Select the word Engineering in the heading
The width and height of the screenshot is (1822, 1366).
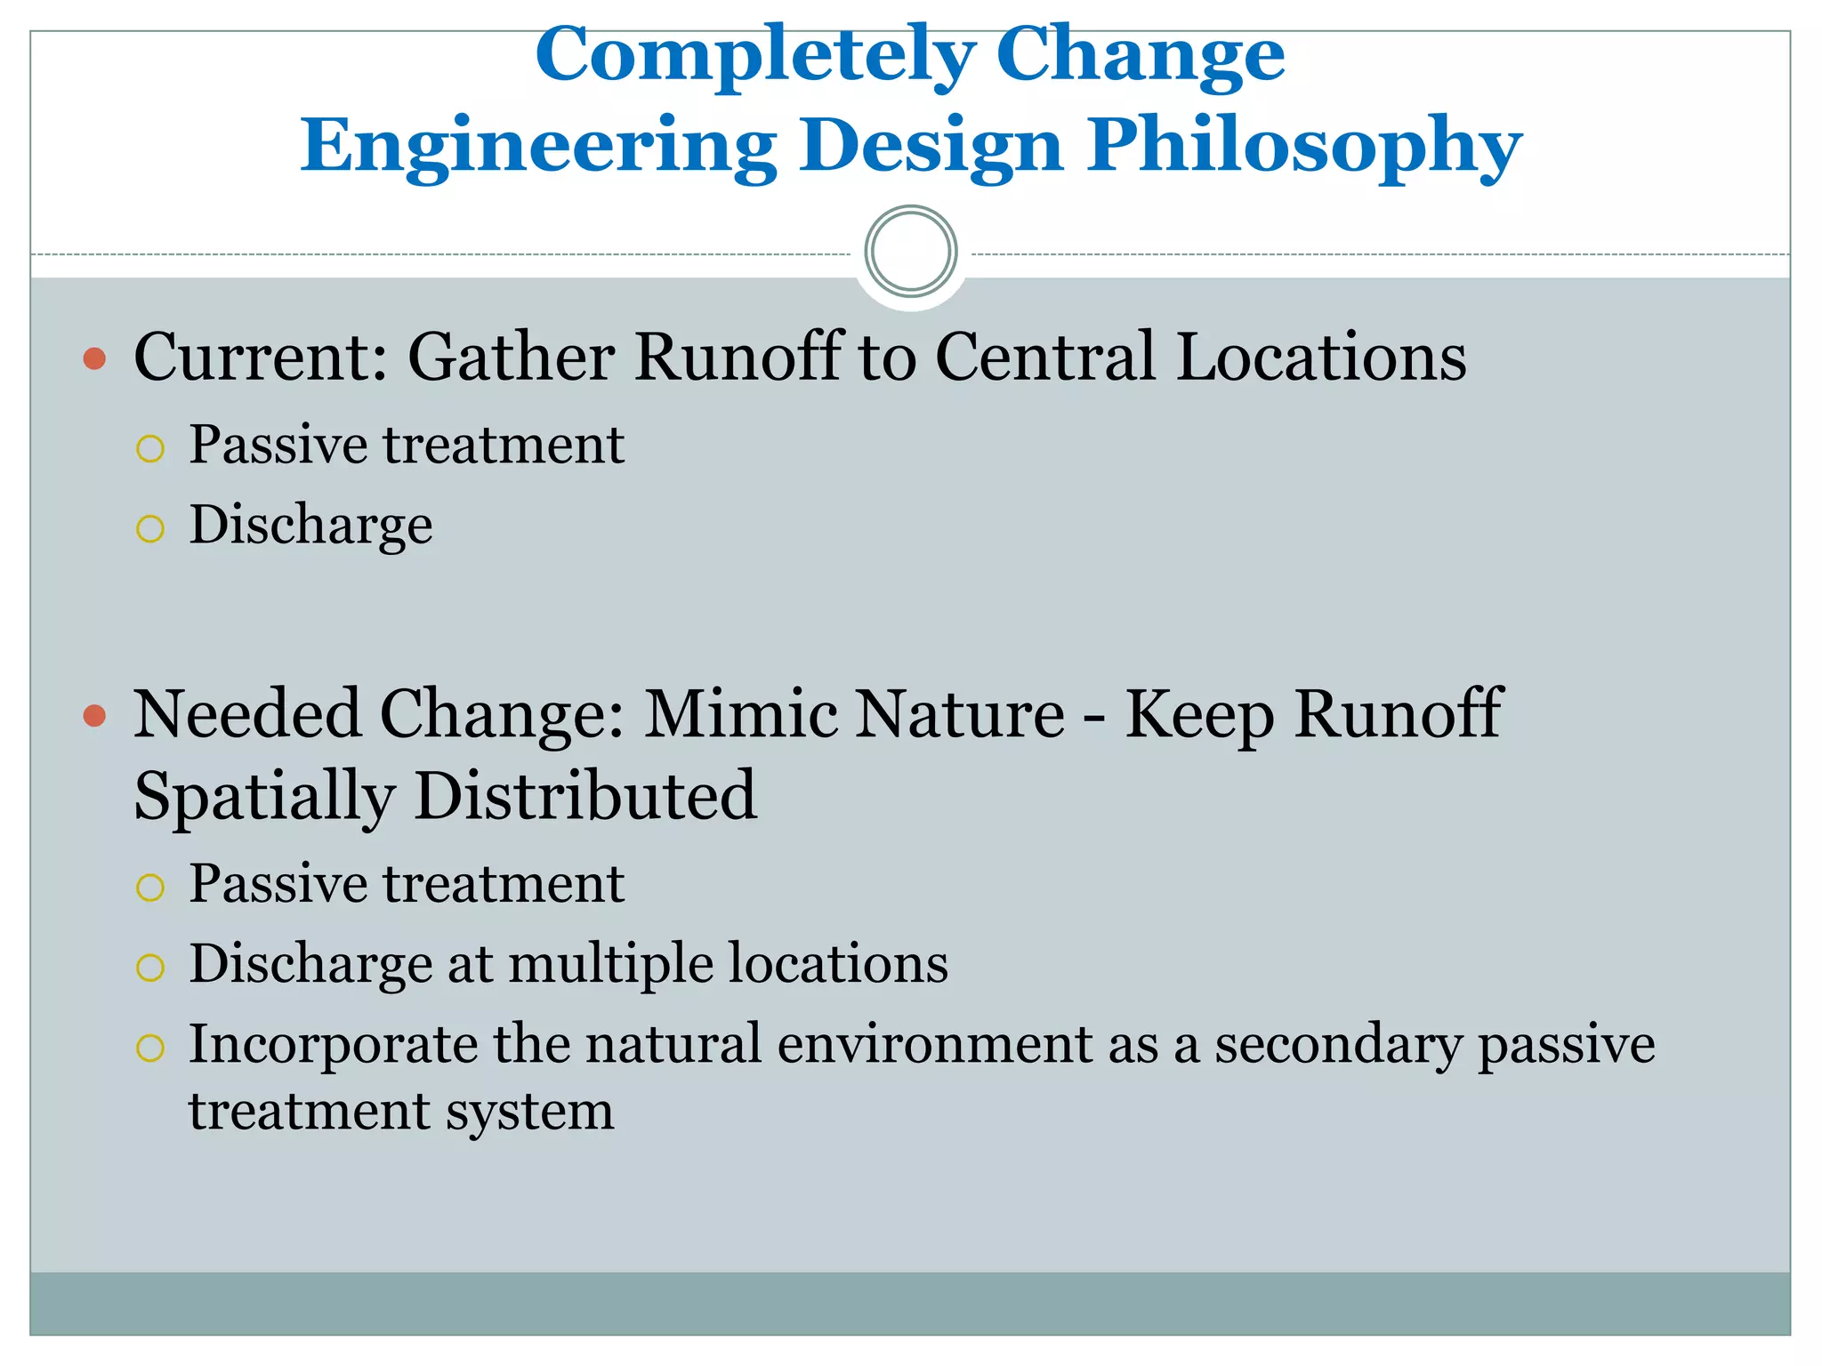click(537, 147)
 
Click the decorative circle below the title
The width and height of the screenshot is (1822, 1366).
click(910, 251)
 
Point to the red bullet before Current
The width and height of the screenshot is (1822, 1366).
click(94, 358)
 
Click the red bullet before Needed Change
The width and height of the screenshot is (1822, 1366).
click(94, 715)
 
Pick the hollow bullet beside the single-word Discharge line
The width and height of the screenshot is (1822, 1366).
click(150, 529)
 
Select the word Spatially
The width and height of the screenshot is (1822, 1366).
click(264, 796)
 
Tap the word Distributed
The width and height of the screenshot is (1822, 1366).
click(585, 796)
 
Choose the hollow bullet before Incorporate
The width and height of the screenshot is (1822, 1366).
click(150, 1048)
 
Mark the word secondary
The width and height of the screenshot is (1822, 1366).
click(1337, 1045)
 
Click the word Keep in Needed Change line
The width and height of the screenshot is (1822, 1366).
click(1198, 716)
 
